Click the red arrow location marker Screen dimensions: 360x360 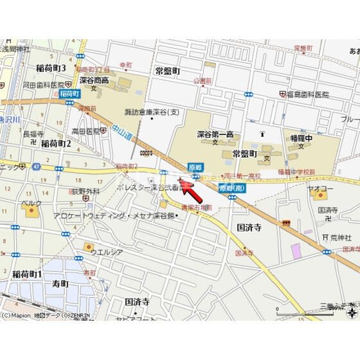188,190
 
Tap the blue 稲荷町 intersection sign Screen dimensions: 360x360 69,94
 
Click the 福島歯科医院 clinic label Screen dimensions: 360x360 307,94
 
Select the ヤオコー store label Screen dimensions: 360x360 327,190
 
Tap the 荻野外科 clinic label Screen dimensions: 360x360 85,191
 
